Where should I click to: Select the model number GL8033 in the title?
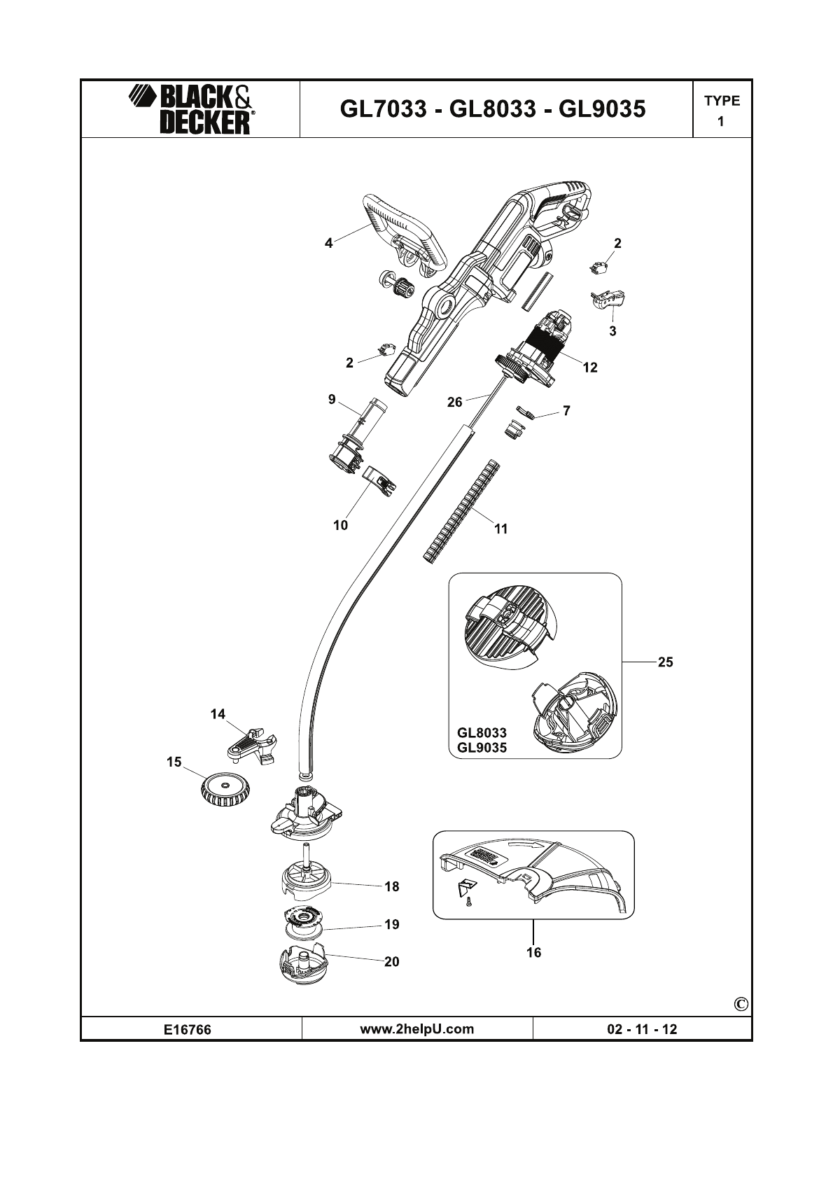click(x=493, y=109)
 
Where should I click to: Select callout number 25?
click(x=665, y=662)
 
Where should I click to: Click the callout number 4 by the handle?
click(x=329, y=243)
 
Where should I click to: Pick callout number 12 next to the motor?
click(x=590, y=368)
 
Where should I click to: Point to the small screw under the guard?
click(x=468, y=905)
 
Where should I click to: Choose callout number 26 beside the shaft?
click(x=455, y=402)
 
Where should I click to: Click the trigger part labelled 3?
click(x=608, y=301)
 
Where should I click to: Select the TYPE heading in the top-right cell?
click(x=722, y=101)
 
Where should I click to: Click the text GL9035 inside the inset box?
click(x=482, y=748)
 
